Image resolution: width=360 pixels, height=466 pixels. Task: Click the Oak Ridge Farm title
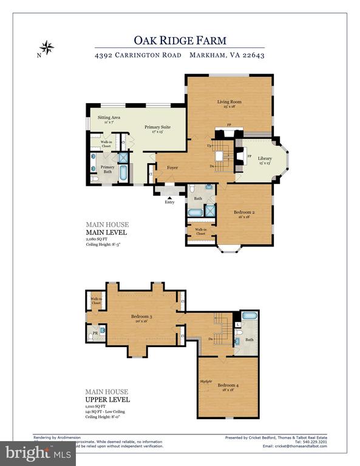[180, 40]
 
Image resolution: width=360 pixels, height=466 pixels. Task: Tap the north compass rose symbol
[46, 47]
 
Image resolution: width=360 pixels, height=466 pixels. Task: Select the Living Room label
[229, 102]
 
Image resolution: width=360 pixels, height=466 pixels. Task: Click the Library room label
[265, 159]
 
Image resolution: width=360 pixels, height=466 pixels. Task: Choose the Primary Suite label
[157, 127]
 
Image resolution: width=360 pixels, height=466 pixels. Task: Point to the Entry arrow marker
[169, 197]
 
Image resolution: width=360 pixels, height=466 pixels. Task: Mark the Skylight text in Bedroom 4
[206, 381]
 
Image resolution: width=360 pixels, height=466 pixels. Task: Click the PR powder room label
[95, 333]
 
